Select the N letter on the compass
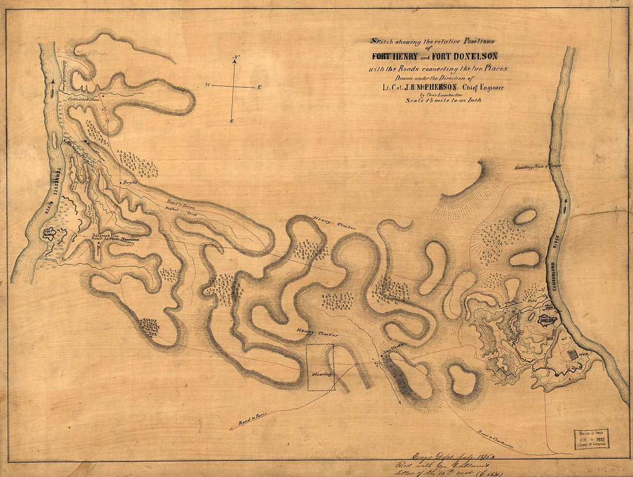[x=236, y=59]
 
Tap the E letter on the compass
[x=259, y=87]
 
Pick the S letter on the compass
[x=231, y=121]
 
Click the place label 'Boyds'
[x=129, y=182]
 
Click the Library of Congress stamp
[x=590, y=439]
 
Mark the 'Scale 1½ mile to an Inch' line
[x=441, y=99]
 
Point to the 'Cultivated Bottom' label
[x=84, y=99]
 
